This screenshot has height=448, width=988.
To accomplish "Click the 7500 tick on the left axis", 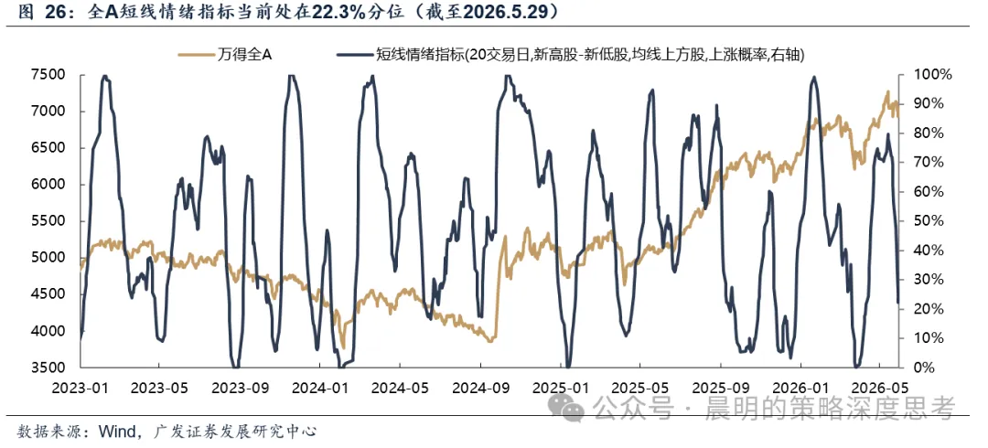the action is tap(47, 75).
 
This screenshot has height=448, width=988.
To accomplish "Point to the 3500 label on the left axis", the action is tap(47, 368).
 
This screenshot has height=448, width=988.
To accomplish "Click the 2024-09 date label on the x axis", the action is tap(481, 384).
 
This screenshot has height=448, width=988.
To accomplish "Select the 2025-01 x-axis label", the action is tap(561, 384).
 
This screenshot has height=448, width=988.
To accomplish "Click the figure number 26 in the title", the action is tap(54, 13).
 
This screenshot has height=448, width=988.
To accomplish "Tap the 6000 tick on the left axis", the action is tap(47, 185).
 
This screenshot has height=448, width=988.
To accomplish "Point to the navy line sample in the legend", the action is tap(356, 56).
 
